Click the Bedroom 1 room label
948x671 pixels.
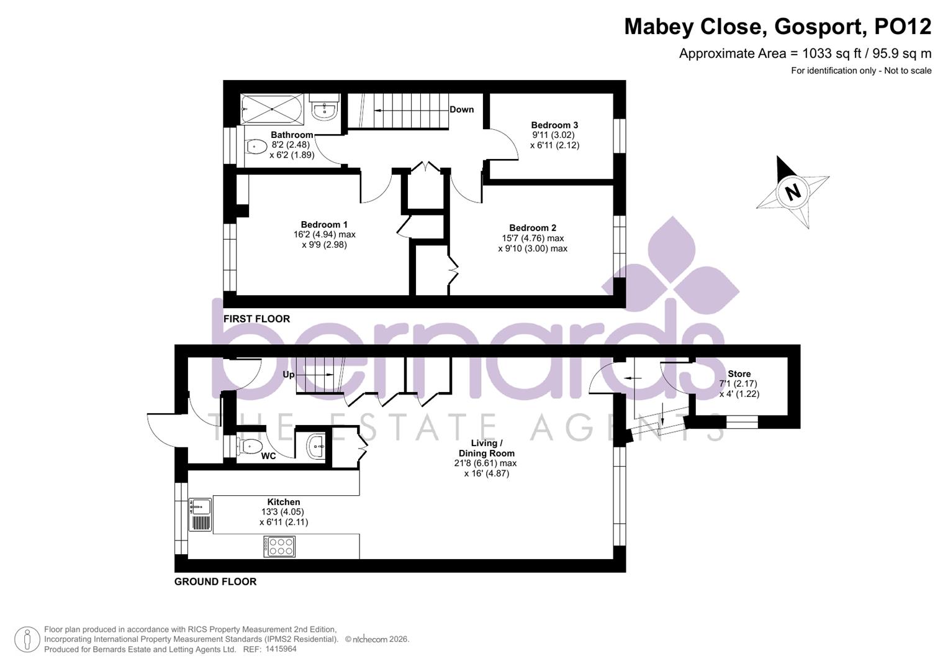(x=324, y=225)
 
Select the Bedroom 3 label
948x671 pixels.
(x=554, y=125)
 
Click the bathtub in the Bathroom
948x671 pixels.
(x=271, y=109)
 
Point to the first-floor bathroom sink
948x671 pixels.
(x=324, y=110)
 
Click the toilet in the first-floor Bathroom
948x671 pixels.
(x=255, y=147)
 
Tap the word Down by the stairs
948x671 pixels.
(x=461, y=109)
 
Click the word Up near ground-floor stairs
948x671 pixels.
(x=289, y=375)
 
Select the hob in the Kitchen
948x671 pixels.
(x=279, y=547)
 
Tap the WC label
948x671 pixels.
(x=268, y=456)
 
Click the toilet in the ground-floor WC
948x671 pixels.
(x=250, y=445)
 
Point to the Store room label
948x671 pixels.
(x=739, y=374)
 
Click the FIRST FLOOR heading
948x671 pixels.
(x=256, y=319)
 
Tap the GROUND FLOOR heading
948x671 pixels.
(x=215, y=582)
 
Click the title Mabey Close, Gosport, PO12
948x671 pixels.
(x=777, y=27)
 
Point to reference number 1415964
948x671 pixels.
(x=281, y=649)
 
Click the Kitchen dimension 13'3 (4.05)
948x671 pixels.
(x=283, y=512)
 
